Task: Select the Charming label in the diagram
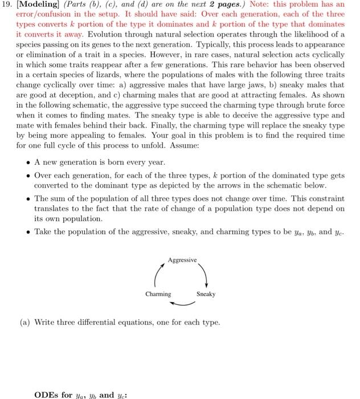[158, 294]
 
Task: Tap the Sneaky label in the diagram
[206, 294]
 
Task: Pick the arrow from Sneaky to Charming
[182, 302]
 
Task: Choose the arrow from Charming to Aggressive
[158, 276]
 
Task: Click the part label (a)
[24, 323]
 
